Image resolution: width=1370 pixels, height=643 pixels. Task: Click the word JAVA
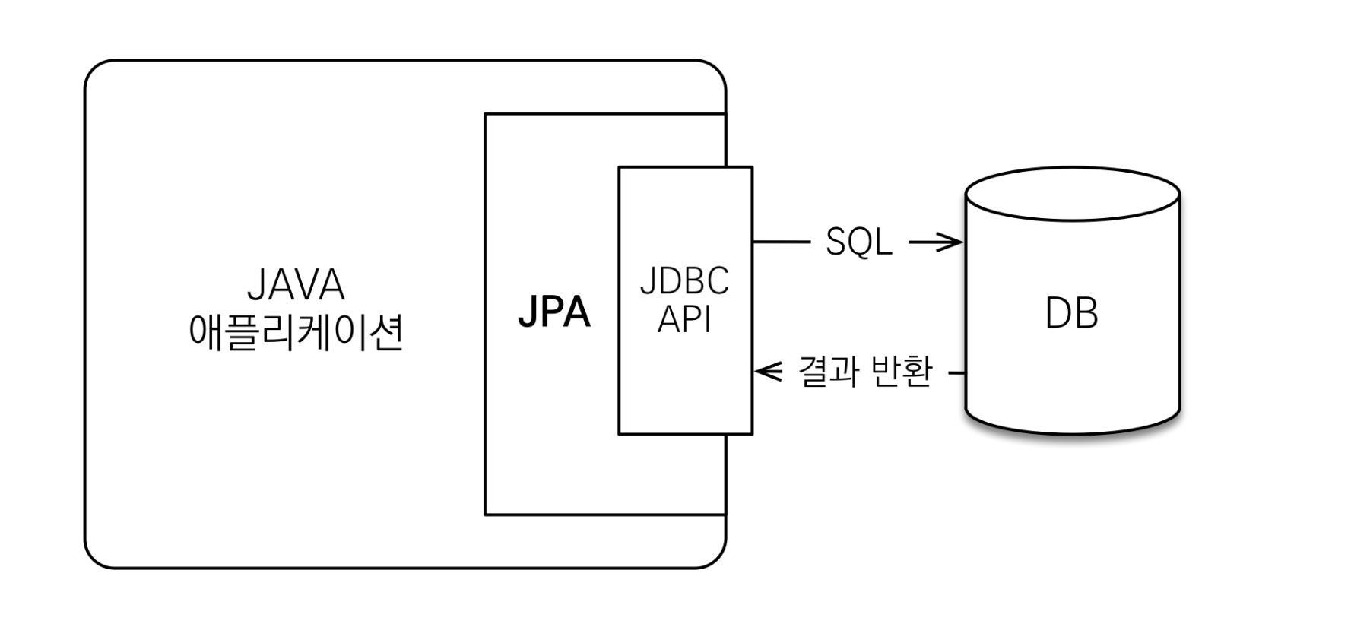pyautogui.click(x=296, y=286)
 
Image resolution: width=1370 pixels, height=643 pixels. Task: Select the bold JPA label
pyautogui.click(x=553, y=312)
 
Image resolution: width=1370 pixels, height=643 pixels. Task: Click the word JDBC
pyautogui.click(x=684, y=281)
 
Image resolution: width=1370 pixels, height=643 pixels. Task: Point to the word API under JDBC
pyautogui.click(x=684, y=319)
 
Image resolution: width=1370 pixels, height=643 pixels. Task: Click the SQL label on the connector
pyautogui.click(x=858, y=242)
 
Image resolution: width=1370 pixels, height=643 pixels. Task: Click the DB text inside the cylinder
pyautogui.click(x=1071, y=313)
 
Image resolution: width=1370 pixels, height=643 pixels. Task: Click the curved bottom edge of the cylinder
pyautogui.click(x=1072, y=433)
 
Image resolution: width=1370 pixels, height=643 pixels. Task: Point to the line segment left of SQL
pyautogui.click(x=782, y=242)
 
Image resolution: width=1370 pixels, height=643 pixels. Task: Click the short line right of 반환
pyautogui.click(x=957, y=373)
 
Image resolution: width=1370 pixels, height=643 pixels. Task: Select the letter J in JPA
pyautogui.click(x=527, y=312)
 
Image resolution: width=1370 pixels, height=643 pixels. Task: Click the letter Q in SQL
pyautogui.click(x=858, y=242)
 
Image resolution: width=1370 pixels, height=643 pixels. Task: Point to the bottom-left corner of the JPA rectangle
pyautogui.click(x=486, y=515)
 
